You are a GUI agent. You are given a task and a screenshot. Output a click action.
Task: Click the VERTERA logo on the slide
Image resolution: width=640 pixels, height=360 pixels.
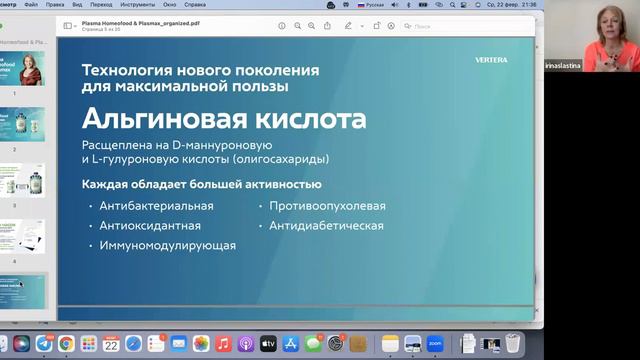point(491,60)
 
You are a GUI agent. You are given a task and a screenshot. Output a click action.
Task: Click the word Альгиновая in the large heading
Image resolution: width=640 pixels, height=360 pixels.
point(147,122)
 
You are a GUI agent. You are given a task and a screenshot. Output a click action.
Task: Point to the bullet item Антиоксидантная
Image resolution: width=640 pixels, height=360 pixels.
point(150,225)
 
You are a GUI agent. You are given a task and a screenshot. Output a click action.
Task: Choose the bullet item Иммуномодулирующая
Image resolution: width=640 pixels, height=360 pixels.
point(167,245)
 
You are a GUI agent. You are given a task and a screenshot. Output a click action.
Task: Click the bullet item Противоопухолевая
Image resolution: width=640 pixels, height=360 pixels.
point(326,206)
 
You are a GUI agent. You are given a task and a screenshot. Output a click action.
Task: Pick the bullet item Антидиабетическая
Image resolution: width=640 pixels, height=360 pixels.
point(326,225)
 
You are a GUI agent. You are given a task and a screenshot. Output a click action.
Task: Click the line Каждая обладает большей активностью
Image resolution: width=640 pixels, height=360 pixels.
point(201,184)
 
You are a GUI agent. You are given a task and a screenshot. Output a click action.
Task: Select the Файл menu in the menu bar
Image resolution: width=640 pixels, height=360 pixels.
point(32,4)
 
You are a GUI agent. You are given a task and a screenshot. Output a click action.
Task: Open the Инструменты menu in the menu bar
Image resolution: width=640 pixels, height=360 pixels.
point(137,4)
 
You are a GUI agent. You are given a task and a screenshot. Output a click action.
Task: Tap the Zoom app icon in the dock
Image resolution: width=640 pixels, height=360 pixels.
point(435,344)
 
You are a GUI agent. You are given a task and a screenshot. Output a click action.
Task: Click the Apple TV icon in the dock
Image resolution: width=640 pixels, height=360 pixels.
point(267,344)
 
